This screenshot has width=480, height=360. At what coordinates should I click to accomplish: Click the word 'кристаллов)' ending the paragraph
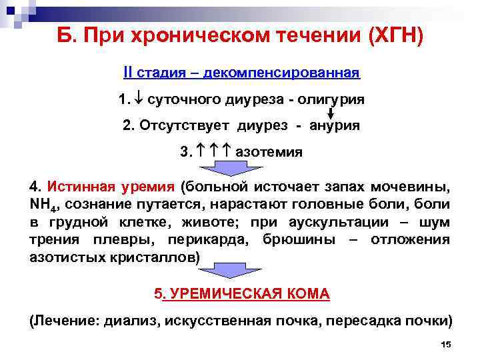pos(163,257)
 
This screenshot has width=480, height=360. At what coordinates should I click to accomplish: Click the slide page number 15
pos(446,343)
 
